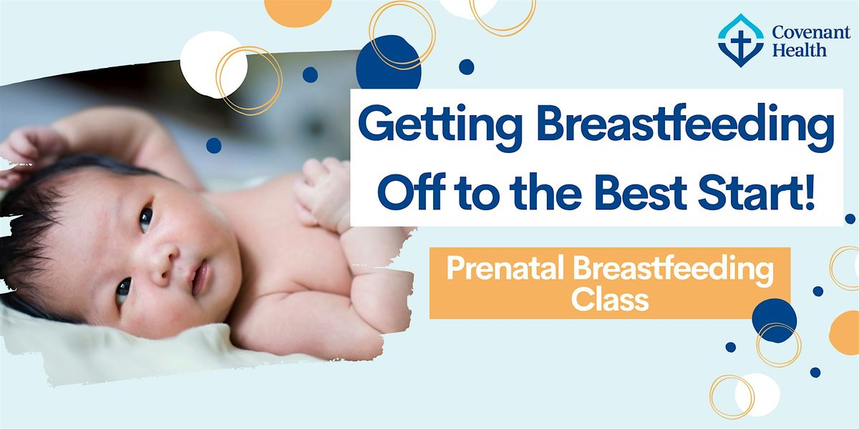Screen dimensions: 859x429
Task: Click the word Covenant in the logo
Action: pos(811,33)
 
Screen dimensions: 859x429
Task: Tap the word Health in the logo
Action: pos(799,50)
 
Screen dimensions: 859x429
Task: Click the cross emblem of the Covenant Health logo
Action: pos(740,41)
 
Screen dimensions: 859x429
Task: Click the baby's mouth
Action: pos(200,277)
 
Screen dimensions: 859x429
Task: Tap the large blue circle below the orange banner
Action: pos(775,320)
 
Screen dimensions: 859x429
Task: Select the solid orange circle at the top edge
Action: pos(298,11)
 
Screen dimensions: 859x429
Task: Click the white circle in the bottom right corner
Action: pos(757,395)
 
